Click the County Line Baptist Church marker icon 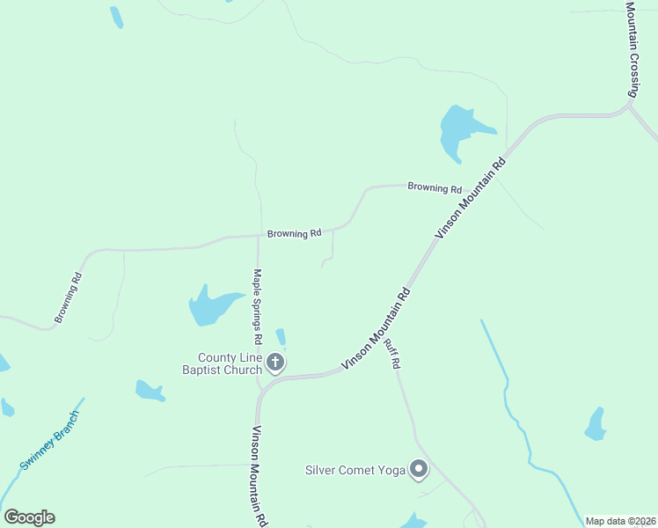275,363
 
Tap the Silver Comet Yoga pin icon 419,470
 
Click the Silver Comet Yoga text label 355,471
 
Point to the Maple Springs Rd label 258,306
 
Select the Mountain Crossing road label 632,48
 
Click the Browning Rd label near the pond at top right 435,188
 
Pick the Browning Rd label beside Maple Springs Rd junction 295,234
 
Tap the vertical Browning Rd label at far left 68,298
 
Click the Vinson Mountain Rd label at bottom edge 259,476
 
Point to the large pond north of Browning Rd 458,130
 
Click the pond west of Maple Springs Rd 211,307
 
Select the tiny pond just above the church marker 281,337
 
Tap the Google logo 29,517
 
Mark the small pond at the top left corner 116,17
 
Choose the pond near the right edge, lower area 596,425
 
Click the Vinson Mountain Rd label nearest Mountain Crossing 472,198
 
